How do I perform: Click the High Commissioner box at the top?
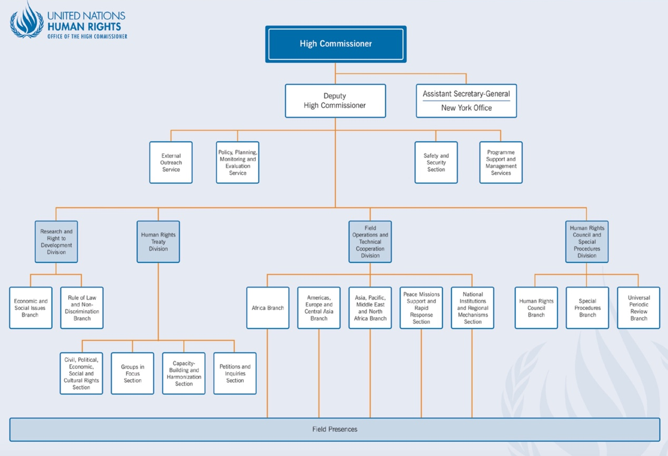(x=335, y=44)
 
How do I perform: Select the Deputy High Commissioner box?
(x=335, y=101)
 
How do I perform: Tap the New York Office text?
(x=466, y=108)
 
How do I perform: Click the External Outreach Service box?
(x=171, y=162)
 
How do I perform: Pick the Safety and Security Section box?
(x=436, y=162)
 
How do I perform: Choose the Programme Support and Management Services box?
(x=501, y=162)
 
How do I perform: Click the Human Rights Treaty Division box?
(x=158, y=242)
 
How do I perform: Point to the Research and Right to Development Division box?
(x=56, y=242)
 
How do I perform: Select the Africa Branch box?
(x=267, y=308)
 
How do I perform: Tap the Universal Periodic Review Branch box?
(x=638, y=308)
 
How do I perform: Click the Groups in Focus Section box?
(x=132, y=373)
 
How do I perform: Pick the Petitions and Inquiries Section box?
(x=235, y=373)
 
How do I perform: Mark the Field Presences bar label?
(x=334, y=429)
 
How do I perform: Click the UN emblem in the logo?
(x=27, y=21)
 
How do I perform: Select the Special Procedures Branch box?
(x=587, y=308)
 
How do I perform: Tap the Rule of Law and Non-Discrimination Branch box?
(x=82, y=308)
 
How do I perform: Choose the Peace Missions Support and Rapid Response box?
(x=421, y=308)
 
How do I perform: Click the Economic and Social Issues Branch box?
(x=31, y=308)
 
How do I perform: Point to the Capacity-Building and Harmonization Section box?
(x=184, y=373)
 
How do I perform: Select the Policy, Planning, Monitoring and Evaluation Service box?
(x=237, y=162)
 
